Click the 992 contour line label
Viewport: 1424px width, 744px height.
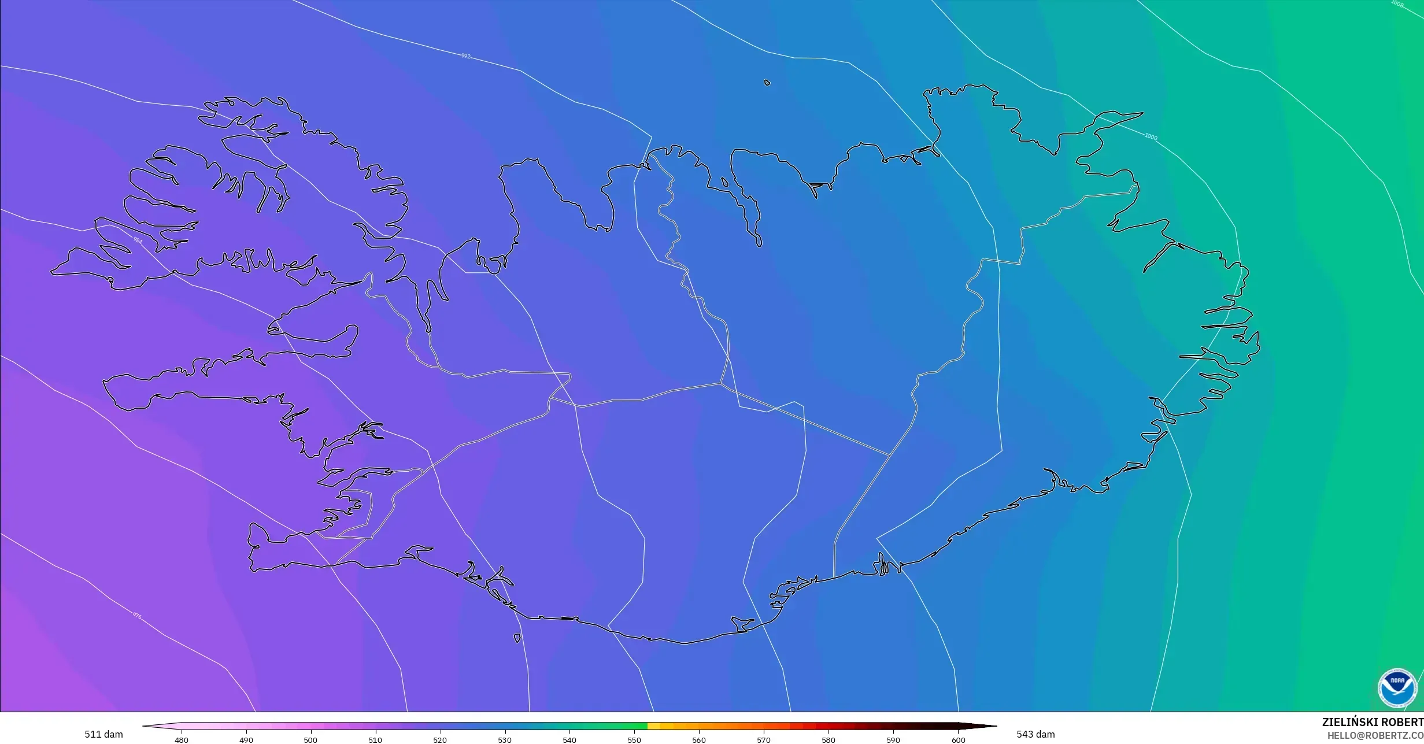click(x=465, y=56)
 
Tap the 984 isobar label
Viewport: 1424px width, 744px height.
click(x=138, y=240)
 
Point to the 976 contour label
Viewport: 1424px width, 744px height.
click(x=137, y=616)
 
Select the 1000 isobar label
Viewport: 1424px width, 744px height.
click(x=1151, y=137)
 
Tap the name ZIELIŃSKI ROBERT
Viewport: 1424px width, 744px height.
click(x=1373, y=722)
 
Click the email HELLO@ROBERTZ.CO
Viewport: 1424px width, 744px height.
click(x=1375, y=735)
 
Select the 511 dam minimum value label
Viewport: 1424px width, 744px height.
click(x=103, y=735)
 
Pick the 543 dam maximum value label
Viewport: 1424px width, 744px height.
click(x=1035, y=735)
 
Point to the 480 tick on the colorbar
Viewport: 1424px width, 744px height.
click(x=181, y=739)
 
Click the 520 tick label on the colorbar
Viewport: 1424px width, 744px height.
click(x=440, y=739)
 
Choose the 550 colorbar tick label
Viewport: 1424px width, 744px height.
click(x=634, y=739)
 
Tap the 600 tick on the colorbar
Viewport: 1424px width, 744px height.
click(x=958, y=739)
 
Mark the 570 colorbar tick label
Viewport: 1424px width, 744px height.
click(x=764, y=739)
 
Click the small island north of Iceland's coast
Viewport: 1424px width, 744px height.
click(x=767, y=83)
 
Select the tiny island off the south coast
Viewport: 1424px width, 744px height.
click(x=517, y=638)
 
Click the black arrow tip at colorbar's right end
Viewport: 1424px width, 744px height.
click(x=990, y=726)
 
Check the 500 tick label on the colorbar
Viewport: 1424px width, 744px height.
click(x=310, y=739)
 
